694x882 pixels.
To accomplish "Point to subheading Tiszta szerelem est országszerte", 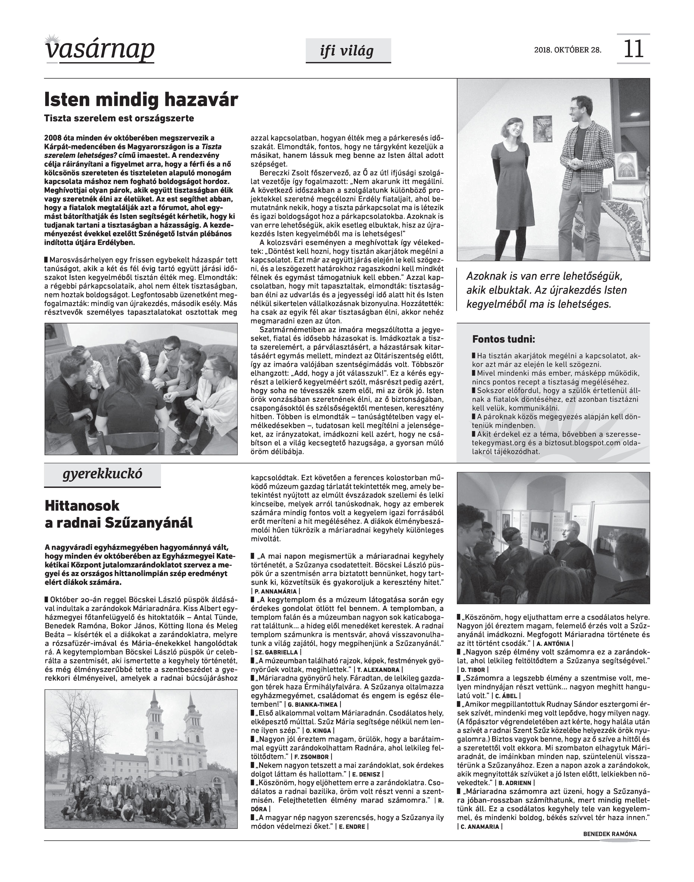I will (x=119, y=119).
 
